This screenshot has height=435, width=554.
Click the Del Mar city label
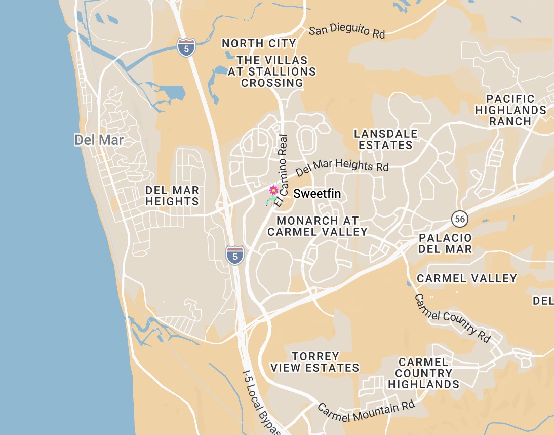tap(99, 140)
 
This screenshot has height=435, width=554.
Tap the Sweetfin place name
tap(317, 194)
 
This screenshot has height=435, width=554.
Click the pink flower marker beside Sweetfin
tap(273, 190)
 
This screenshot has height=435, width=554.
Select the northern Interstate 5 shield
tap(186, 47)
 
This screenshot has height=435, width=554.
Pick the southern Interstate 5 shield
tap(234, 255)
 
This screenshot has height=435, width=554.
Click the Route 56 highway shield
tap(459, 219)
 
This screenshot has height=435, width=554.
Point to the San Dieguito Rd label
tap(347, 30)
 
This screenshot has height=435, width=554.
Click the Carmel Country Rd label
tap(453, 318)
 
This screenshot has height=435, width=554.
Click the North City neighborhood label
tap(259, 44)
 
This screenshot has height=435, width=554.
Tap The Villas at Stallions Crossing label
tap(272, 71)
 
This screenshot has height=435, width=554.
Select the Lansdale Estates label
tap(386, 139)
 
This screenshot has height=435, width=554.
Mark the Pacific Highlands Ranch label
tap(510, 110)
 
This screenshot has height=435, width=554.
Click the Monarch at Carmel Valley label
tap(318, 226)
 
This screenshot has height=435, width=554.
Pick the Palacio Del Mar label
tap(446, 243)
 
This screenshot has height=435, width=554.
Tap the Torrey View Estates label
tap(315, 362)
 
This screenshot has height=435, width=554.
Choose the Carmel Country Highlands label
tap(423, 373)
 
